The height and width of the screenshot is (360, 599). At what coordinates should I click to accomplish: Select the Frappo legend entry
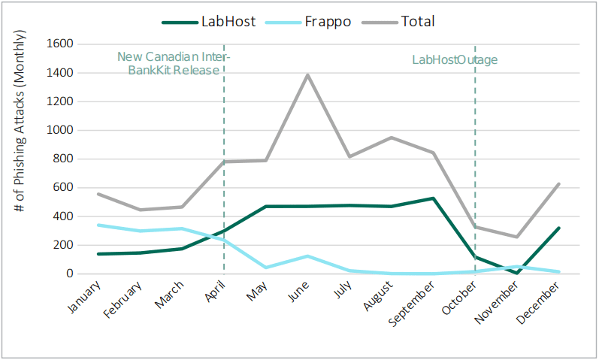pos(315,21)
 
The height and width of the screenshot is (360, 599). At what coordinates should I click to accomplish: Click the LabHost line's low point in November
pos(517,272)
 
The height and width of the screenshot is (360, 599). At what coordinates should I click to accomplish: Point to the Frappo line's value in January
pos(98,225)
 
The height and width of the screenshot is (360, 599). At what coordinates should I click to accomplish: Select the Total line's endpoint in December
pos(559,183)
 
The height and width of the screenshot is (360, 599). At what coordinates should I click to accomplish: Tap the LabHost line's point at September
pos(434,198)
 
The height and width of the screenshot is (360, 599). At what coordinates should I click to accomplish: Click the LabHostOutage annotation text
pos(455,60)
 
